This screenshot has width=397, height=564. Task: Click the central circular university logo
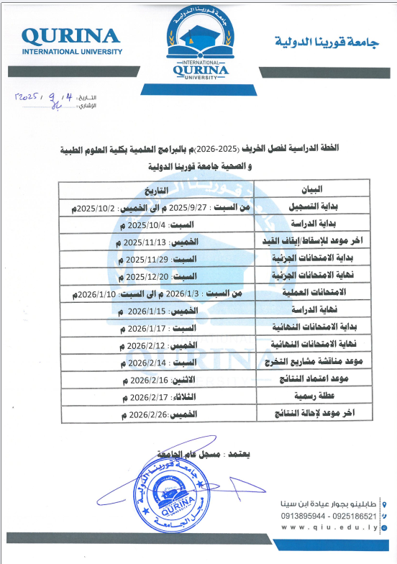coord(198,42)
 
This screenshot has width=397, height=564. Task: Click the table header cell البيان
coord(316,189)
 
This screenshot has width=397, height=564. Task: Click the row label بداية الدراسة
coord(316,224)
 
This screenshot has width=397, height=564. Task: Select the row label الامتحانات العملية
coord(316,294)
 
